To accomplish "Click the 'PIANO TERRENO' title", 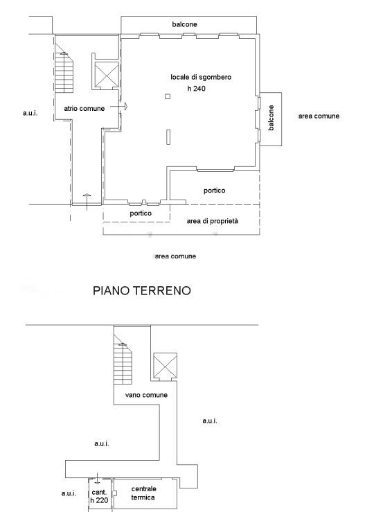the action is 142,290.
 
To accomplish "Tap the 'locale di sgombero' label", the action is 201,77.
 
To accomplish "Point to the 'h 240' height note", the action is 197,89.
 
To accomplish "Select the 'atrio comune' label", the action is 84,108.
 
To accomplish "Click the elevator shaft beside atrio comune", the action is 107,74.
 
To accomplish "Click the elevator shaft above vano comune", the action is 165,365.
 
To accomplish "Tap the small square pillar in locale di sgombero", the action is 168,96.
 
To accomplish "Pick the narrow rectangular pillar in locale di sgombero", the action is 168,136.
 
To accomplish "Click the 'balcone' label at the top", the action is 184,24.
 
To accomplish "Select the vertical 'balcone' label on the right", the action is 271,118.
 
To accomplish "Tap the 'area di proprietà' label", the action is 212,221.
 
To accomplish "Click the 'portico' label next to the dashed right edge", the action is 215,191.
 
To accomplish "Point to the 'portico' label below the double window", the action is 141,213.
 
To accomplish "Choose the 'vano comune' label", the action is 146,395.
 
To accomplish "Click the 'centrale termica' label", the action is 143,493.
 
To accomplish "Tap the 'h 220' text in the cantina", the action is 99,500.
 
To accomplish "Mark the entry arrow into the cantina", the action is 97,478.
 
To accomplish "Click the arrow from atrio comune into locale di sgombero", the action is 119,107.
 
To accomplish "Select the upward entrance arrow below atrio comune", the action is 87,202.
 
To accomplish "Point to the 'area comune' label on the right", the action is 319,116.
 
